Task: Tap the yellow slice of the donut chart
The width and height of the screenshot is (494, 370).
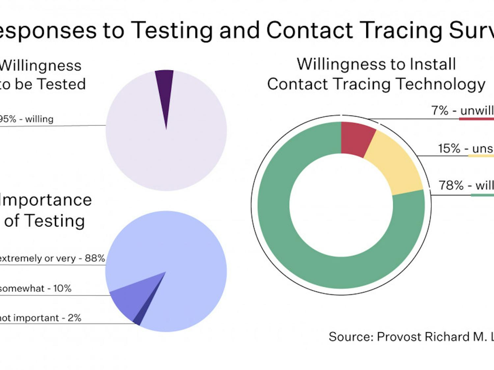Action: (x=395, y=164)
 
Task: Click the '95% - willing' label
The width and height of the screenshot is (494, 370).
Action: (x=26, y=119)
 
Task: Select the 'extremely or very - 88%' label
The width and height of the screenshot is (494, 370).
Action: (x=52, y=258)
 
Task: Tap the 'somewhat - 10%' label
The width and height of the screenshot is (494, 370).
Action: (x=35, y=288)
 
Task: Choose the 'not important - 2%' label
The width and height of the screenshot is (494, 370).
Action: (x=40, y=318)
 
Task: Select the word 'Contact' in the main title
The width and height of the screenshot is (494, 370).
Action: (x=309, y=30)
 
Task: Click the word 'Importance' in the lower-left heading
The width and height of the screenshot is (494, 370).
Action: (x=46, y=200)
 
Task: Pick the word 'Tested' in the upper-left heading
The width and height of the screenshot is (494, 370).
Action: (x=62, y=84)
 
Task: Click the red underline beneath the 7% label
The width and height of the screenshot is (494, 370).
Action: (x=476, y=119)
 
